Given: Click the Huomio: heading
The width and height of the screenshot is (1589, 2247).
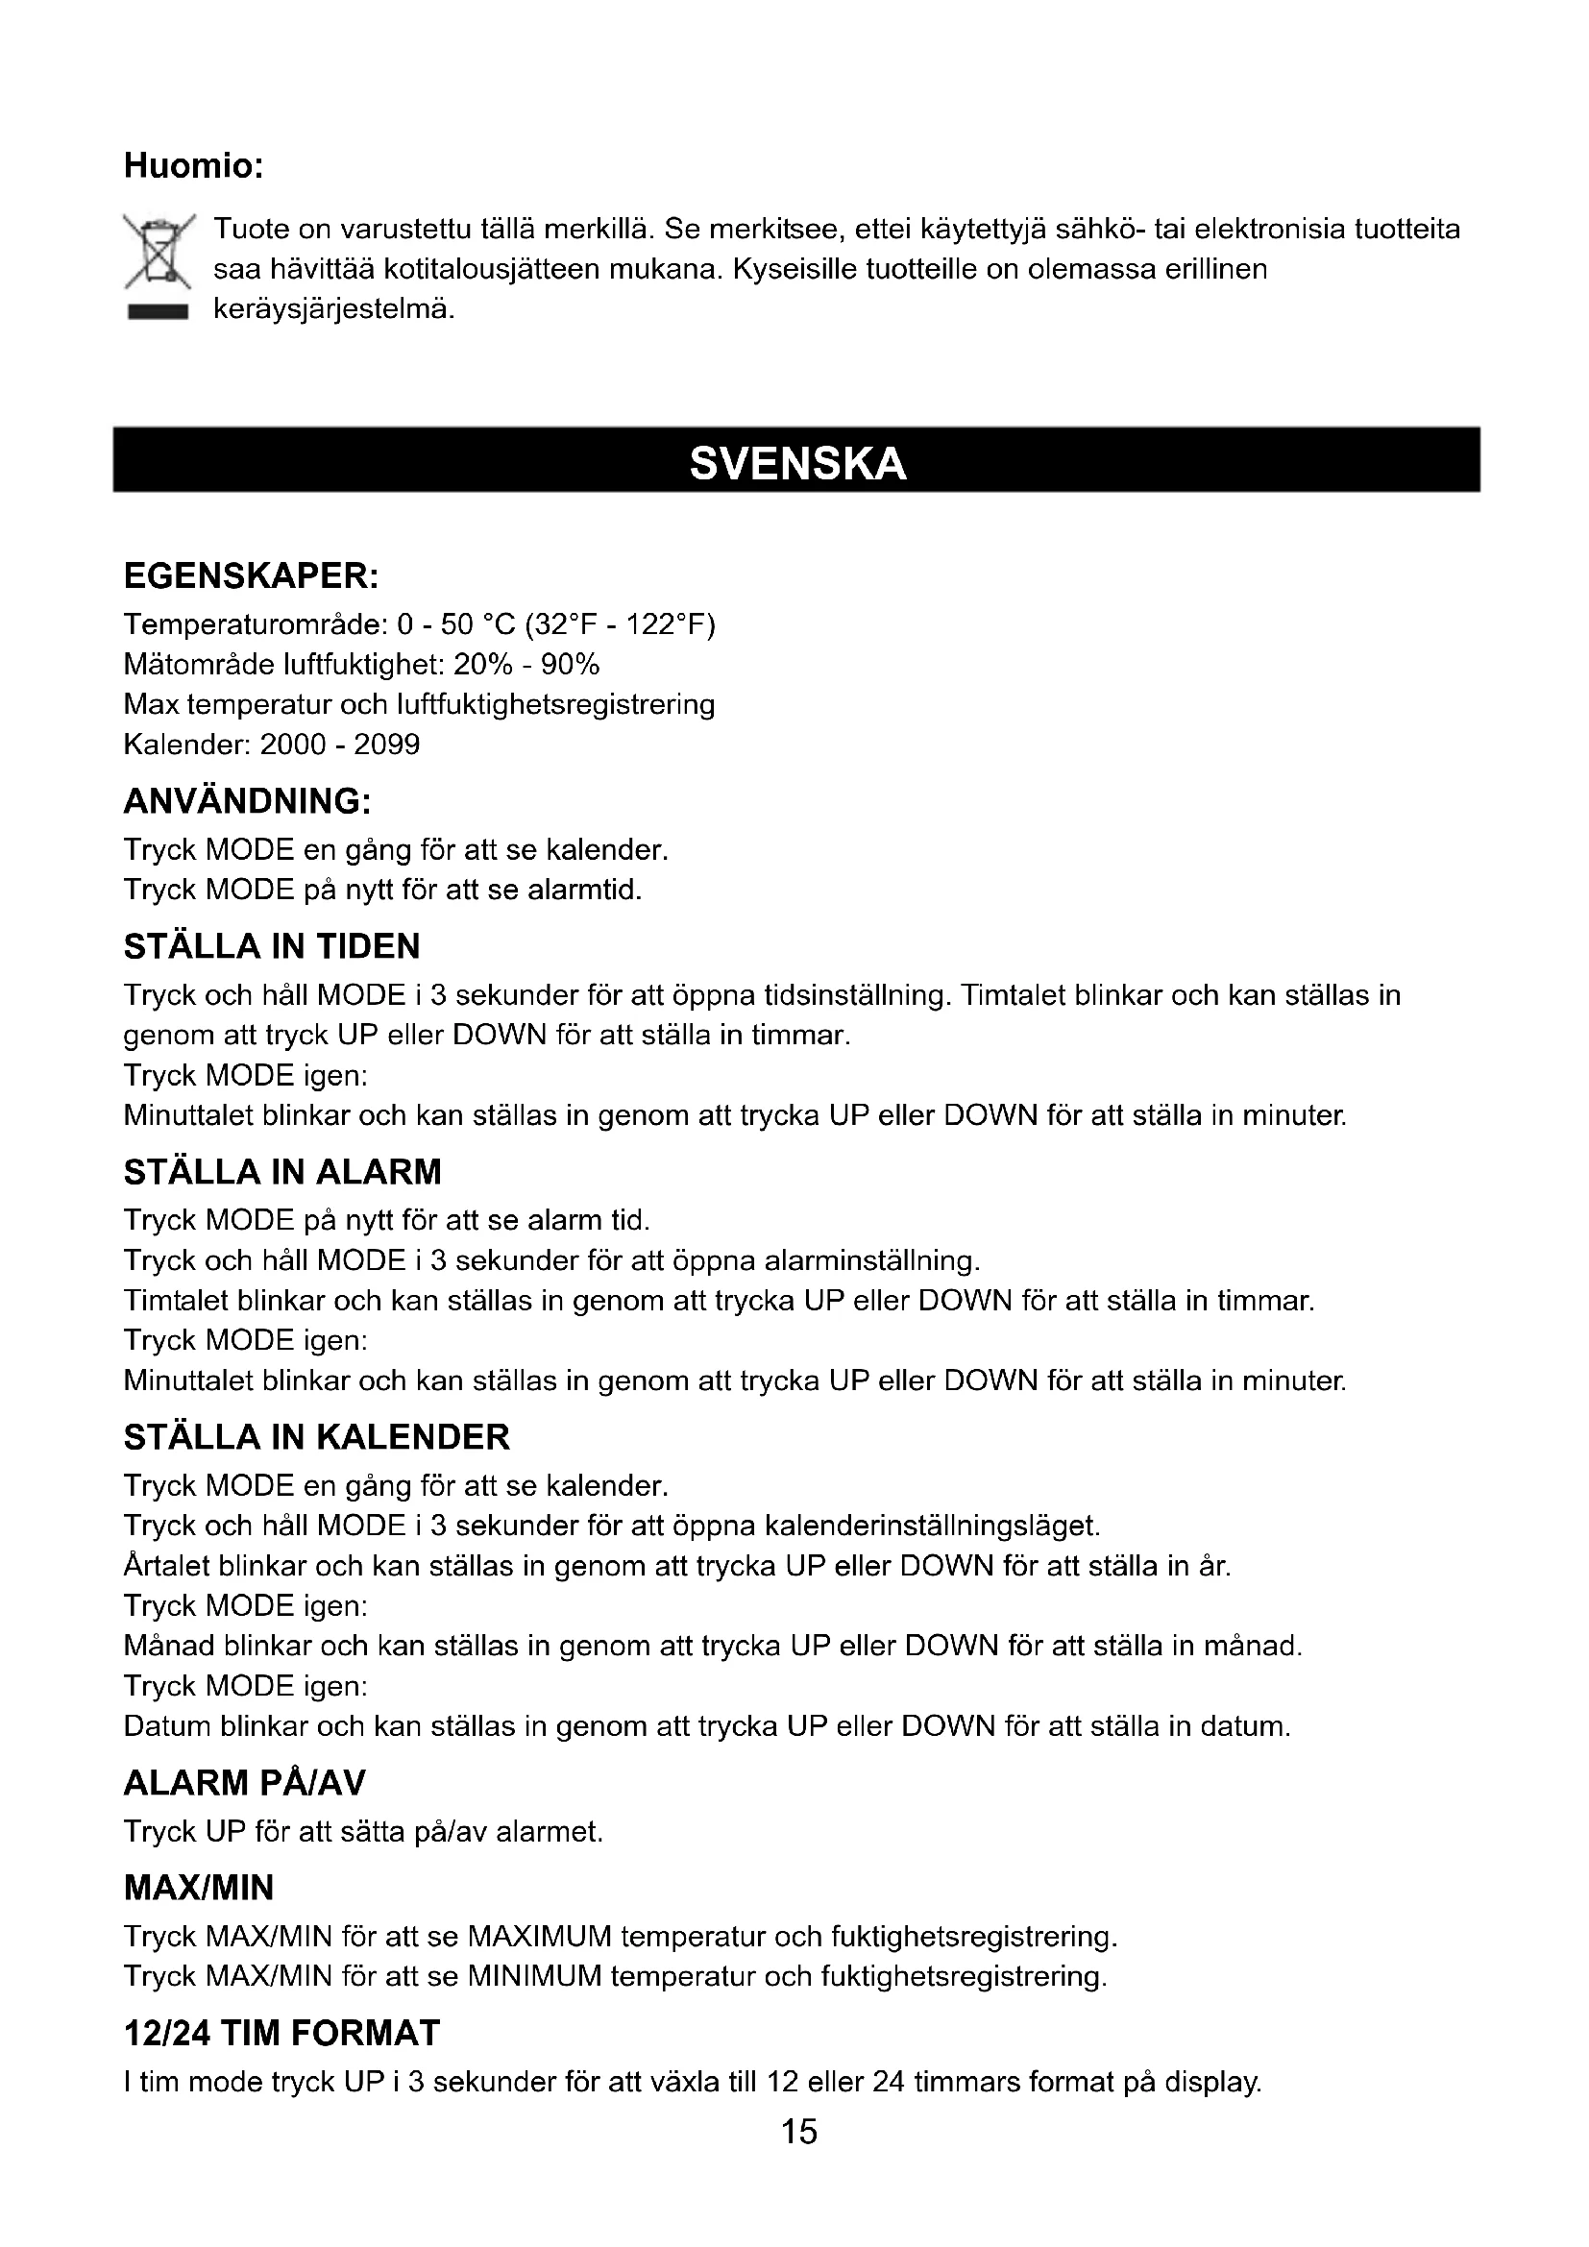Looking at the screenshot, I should point(194,166).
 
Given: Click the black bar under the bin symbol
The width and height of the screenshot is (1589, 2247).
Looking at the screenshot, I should point(157,313).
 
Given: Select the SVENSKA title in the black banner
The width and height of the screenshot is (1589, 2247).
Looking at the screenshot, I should point(797,463).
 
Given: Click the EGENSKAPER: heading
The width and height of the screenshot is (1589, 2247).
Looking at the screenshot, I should point(251,576).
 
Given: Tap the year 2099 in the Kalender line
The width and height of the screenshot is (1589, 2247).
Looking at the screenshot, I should point(386,745).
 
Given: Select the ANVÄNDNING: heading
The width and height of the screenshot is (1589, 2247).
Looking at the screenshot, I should point(247,801).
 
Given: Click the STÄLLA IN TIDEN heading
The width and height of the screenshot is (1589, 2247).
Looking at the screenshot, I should point(272,946).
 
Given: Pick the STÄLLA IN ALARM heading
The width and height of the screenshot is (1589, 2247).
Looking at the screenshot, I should point(282,1171).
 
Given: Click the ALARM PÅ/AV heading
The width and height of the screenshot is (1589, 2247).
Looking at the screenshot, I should point(245,1783).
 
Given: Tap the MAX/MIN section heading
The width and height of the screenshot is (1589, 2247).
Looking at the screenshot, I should point(199,1887).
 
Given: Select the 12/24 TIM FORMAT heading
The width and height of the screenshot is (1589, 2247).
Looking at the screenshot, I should point(281,2033).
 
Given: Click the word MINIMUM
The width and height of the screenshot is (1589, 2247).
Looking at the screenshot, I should point(534,1976).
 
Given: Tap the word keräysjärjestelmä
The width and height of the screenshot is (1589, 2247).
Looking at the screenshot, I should point(333,309).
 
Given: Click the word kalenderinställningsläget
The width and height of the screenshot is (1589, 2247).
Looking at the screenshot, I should point(932,1526).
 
